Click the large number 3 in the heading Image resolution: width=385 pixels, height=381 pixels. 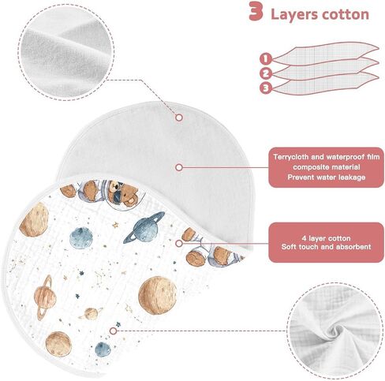coord(256,11)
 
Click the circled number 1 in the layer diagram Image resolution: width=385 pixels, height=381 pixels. coord(266,58)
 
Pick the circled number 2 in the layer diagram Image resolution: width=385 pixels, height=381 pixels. coord(266,73)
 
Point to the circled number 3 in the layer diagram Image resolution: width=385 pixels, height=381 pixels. coord(266,88)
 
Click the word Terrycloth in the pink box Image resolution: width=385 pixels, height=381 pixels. coord(290,157)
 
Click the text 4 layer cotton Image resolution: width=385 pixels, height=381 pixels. coord(326,238)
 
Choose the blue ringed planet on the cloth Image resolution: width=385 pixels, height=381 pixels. coord(144,227)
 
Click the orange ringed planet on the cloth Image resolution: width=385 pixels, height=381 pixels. coord(44,297)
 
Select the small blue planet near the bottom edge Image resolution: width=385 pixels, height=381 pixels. coord(103,349)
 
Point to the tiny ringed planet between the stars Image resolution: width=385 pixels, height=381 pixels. coord(91,313)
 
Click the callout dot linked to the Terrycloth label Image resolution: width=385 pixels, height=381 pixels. coord(179,167)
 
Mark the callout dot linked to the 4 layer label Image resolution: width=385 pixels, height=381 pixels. coord(179,243)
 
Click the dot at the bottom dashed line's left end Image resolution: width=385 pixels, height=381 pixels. coord(113,331)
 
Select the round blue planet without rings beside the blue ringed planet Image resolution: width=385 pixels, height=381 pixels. coord(81,238)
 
